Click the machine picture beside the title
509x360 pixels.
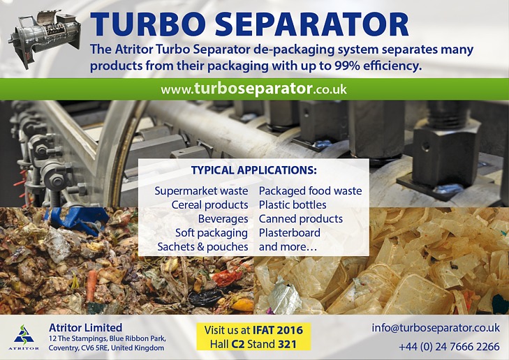point(45,38)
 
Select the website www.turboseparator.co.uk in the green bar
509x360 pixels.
point(254,89)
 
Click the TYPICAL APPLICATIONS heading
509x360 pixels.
point(254,170)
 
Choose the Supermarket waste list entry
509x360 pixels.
point(201,190)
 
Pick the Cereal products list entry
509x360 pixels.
point(209,204)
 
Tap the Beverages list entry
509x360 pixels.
point(223,219)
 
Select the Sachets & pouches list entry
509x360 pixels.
point(203,247)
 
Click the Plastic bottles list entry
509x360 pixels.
point(293,204)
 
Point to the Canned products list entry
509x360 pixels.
point(301,219)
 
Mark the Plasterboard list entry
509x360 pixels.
point(290,232)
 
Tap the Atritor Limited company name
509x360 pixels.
point(85,327)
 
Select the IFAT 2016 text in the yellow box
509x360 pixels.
point(278,330)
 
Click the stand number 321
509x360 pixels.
point(287,344)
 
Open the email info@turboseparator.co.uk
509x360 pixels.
point(436,328)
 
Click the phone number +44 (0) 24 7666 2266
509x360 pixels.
point(449,347)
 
